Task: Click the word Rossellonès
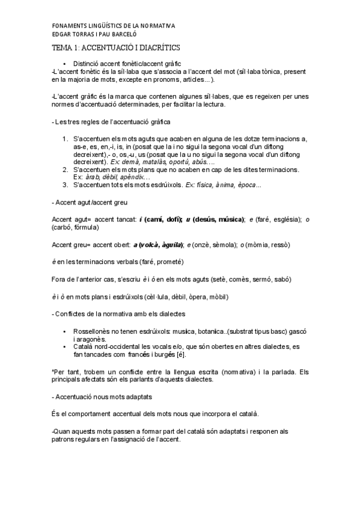[93, 332]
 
